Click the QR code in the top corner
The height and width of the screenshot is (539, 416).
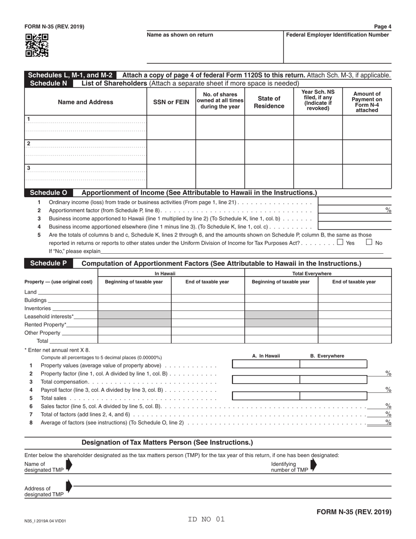tap(36, 46)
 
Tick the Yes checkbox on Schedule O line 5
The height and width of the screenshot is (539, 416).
tap(340, 242)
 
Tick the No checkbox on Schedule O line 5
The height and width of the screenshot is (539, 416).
tap(369, 242)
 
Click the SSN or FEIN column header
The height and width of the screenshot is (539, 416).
tap(171, 102)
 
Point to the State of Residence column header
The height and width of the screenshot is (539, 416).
tap(269, 102)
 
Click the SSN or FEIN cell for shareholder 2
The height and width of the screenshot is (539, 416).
tap(171, 152)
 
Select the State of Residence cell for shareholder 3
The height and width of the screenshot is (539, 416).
tap(269, 176)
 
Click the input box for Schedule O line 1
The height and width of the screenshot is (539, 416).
tap(354, 202)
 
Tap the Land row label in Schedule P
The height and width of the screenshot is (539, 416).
tap(31, 292)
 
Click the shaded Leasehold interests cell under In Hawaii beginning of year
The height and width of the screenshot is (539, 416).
tap(134, 316)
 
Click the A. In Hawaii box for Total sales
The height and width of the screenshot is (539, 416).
tap(266, 396)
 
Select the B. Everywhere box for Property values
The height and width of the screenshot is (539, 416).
tap(333, 364)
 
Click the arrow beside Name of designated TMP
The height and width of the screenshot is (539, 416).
tap(69, 465)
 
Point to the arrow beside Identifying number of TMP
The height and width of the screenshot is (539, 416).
tap(313, 465)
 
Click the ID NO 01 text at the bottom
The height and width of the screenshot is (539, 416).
tap(206, 519)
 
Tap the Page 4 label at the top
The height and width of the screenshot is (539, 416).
tap(383, 27)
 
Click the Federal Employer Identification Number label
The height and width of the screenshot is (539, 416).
tap(337, 35)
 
